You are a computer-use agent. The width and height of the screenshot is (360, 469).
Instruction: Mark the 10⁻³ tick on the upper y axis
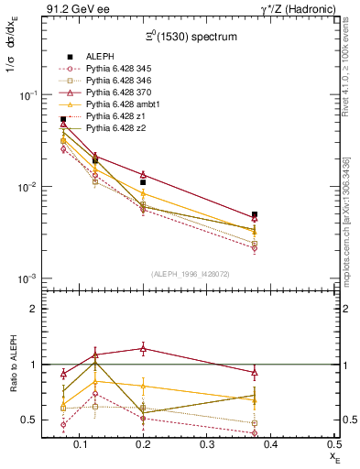tap(26, 278)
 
